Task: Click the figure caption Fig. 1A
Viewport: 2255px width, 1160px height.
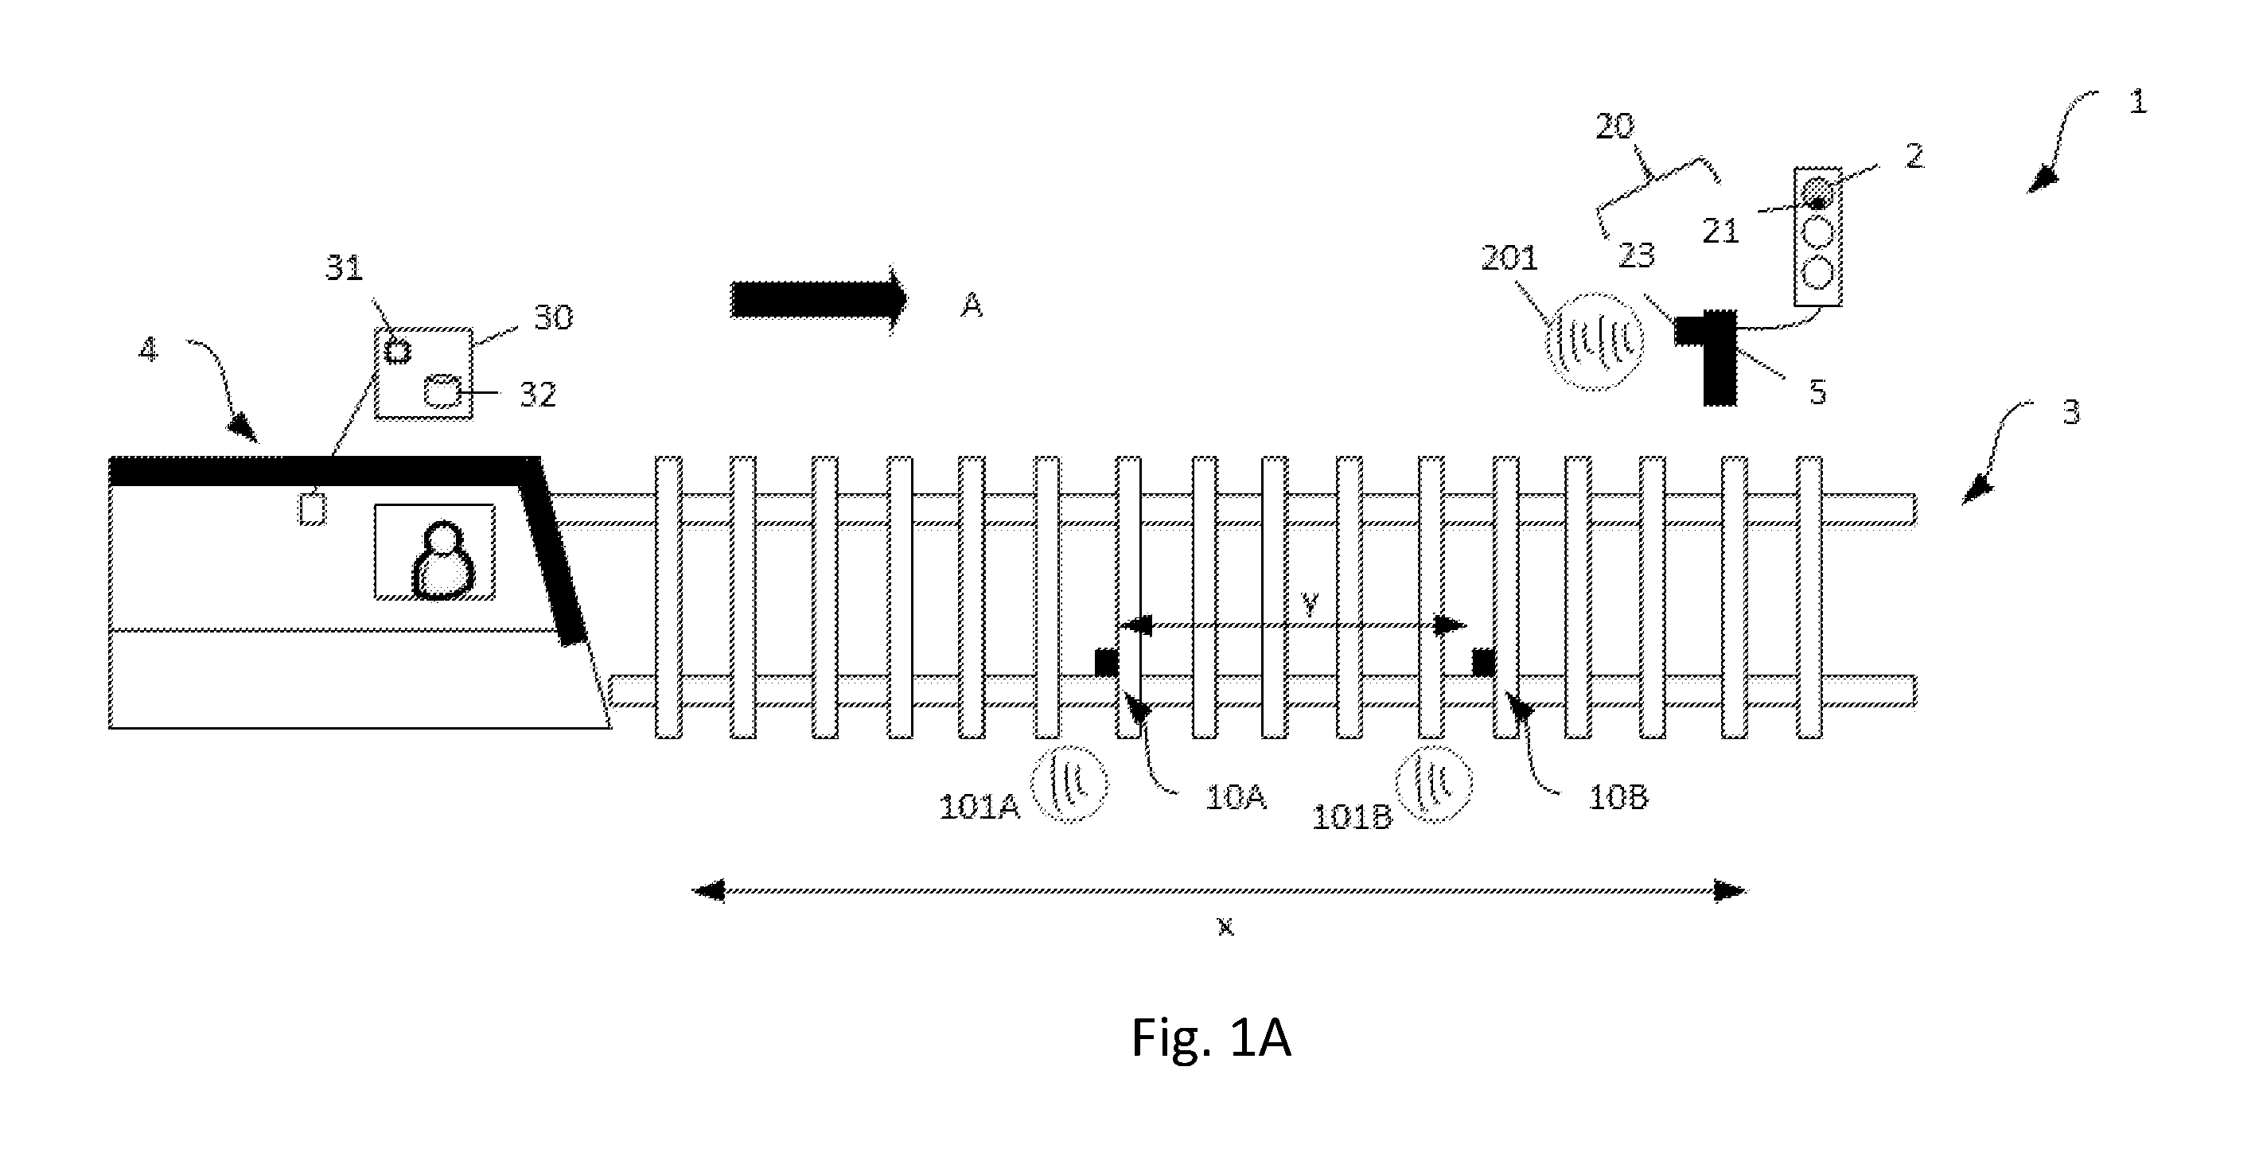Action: (1211, 1038)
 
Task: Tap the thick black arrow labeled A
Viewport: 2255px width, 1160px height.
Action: (819, 299)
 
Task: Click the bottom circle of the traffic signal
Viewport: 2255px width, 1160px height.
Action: (1818, 273)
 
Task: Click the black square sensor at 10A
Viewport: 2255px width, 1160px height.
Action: (1107, 662)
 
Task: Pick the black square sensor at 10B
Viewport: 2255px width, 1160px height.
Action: (1483, 663)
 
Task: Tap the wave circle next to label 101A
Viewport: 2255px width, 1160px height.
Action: (1069, 784)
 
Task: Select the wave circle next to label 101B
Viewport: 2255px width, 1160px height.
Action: (1433, 784)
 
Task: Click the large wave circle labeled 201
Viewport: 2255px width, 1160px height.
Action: (1592, 341)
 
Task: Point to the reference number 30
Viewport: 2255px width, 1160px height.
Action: (552, 317)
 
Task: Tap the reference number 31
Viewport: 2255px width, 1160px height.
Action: (344, 268)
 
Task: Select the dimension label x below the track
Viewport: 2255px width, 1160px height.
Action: (1225, 926)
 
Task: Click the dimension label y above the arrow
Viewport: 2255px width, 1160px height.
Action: (1310, 604)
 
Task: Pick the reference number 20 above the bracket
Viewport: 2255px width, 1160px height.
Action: (1614, 127)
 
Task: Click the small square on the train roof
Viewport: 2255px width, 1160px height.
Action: (313, 509)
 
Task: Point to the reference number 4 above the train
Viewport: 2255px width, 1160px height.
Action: (149, 350)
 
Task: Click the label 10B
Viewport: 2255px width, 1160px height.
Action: (1618, 797)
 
